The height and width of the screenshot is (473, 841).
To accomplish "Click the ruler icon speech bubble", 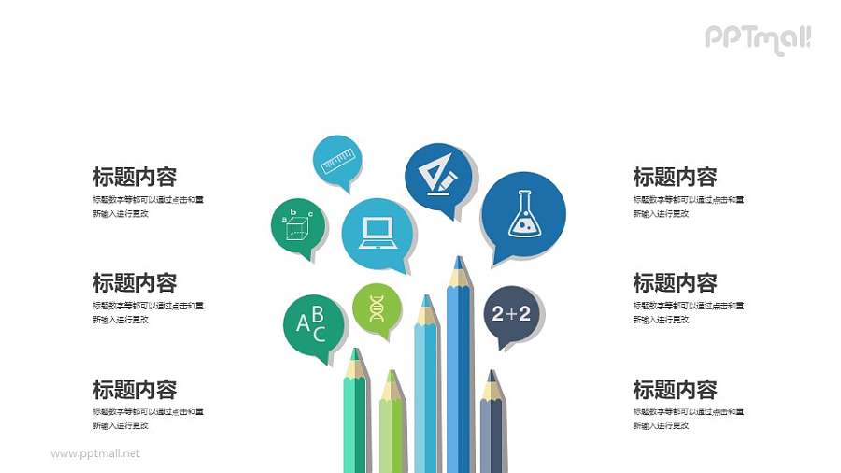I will (337, 160).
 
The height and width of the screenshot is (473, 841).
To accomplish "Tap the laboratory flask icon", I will (523, 214).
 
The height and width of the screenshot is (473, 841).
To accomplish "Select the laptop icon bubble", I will (378, 232).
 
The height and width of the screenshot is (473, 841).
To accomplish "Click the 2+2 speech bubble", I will (511, 314).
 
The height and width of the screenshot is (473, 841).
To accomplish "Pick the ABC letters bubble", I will (312, 323).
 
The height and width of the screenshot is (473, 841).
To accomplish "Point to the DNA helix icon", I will (377, 307).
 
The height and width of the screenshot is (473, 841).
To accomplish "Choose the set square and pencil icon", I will (438, 174).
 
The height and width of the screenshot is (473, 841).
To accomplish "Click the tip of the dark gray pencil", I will (492, 378).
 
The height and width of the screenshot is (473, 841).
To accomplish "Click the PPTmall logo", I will (758, 37).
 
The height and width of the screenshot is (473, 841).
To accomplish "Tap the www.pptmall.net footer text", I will (95, 453).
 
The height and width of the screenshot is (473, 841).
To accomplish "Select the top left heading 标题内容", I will (135, 176).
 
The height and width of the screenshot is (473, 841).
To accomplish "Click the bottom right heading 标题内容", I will (675, 389).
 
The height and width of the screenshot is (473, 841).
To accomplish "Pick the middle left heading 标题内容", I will (135, 282).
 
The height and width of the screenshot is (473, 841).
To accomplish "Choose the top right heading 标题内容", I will (675, 176).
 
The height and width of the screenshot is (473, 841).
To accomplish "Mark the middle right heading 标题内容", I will (675, 282).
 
